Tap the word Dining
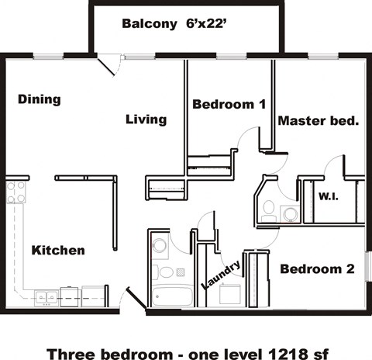pyautogui.click(x=39, y=99)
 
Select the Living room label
pyautogui.click(x=146, y=119)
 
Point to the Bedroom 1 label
pyautogui.click(x=229, y=104)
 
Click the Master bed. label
pyautogui.click(x=318, y=121)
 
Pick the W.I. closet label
pyautogui.click(x=328, y=197)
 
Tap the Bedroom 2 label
pyautogui.click(x=317, y=269)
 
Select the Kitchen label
pyautogui.click(x=58, y=251)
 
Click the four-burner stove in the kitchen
pyautogui.click(x=15, y=192)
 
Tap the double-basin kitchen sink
pyautogui.click(x=44, y=296)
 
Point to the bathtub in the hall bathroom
pyautogui.click(x=172, y=296)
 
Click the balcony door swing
pyautogui.click(x=110, y=65)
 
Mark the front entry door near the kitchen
pyautogui.click(x=133, y=301)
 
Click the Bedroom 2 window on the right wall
pyautogui.click(x=368, y=268)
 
